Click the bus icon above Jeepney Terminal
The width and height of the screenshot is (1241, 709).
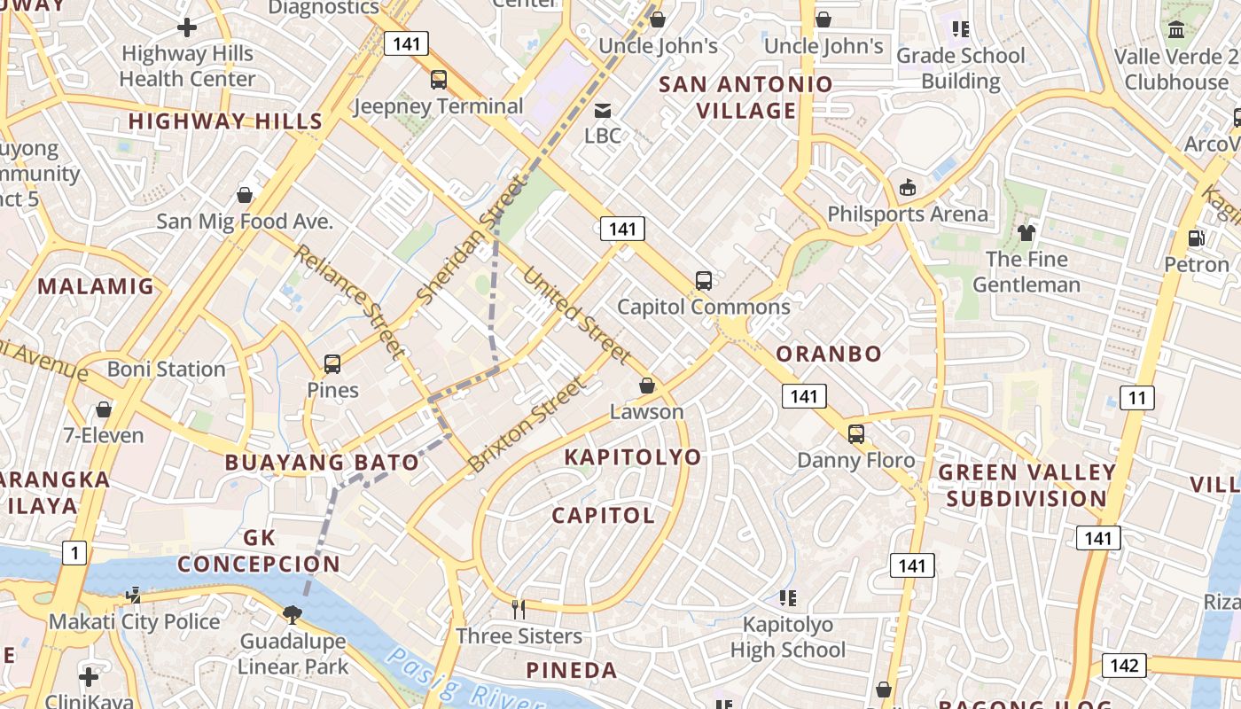pyautogui.click(x=439, y=80)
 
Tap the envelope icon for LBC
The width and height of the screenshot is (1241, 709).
pyautogui.click(x=603, y=110)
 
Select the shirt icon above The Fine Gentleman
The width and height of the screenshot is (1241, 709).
pyautogui.click(x=1026, y=233)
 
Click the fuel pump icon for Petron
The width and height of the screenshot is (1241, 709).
pyautogui.click(x=1196, y=238)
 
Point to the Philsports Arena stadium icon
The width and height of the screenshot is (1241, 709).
pyautogui.click(x=908, y=187)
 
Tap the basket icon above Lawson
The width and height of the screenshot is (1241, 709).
pyautogui.click(x=647, y=386)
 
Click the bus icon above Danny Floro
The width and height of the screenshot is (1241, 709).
pyautogui.click(x=856, y=433)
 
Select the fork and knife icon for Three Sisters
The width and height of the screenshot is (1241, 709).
pyautogui.click(x=519, y=609)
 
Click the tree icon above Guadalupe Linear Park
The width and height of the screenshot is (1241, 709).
pyautogui.click(x=293, y=613)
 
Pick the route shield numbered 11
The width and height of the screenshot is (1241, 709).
pyautogui.click(x=1136, y=398)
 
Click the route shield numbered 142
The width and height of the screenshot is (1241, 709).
pyautogui.click(x=1124, y=666)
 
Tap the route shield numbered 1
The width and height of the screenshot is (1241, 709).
pyautogui.click(x=74, y=554)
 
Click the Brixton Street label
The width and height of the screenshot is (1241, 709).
pyautogui.click(x=527, y=425)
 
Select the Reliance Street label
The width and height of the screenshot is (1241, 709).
pyautogui.click(x=348, y=300)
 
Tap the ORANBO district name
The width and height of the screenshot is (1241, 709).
pyautogui.click(x=829, y=354)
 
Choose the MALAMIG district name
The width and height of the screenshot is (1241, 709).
pyautogui.click(x=96, y=286)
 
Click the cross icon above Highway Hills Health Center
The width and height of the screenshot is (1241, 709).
pyautogui.click(x=187, y=27)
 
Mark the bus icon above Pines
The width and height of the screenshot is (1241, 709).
pyautogui.click(x=332, y=363)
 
